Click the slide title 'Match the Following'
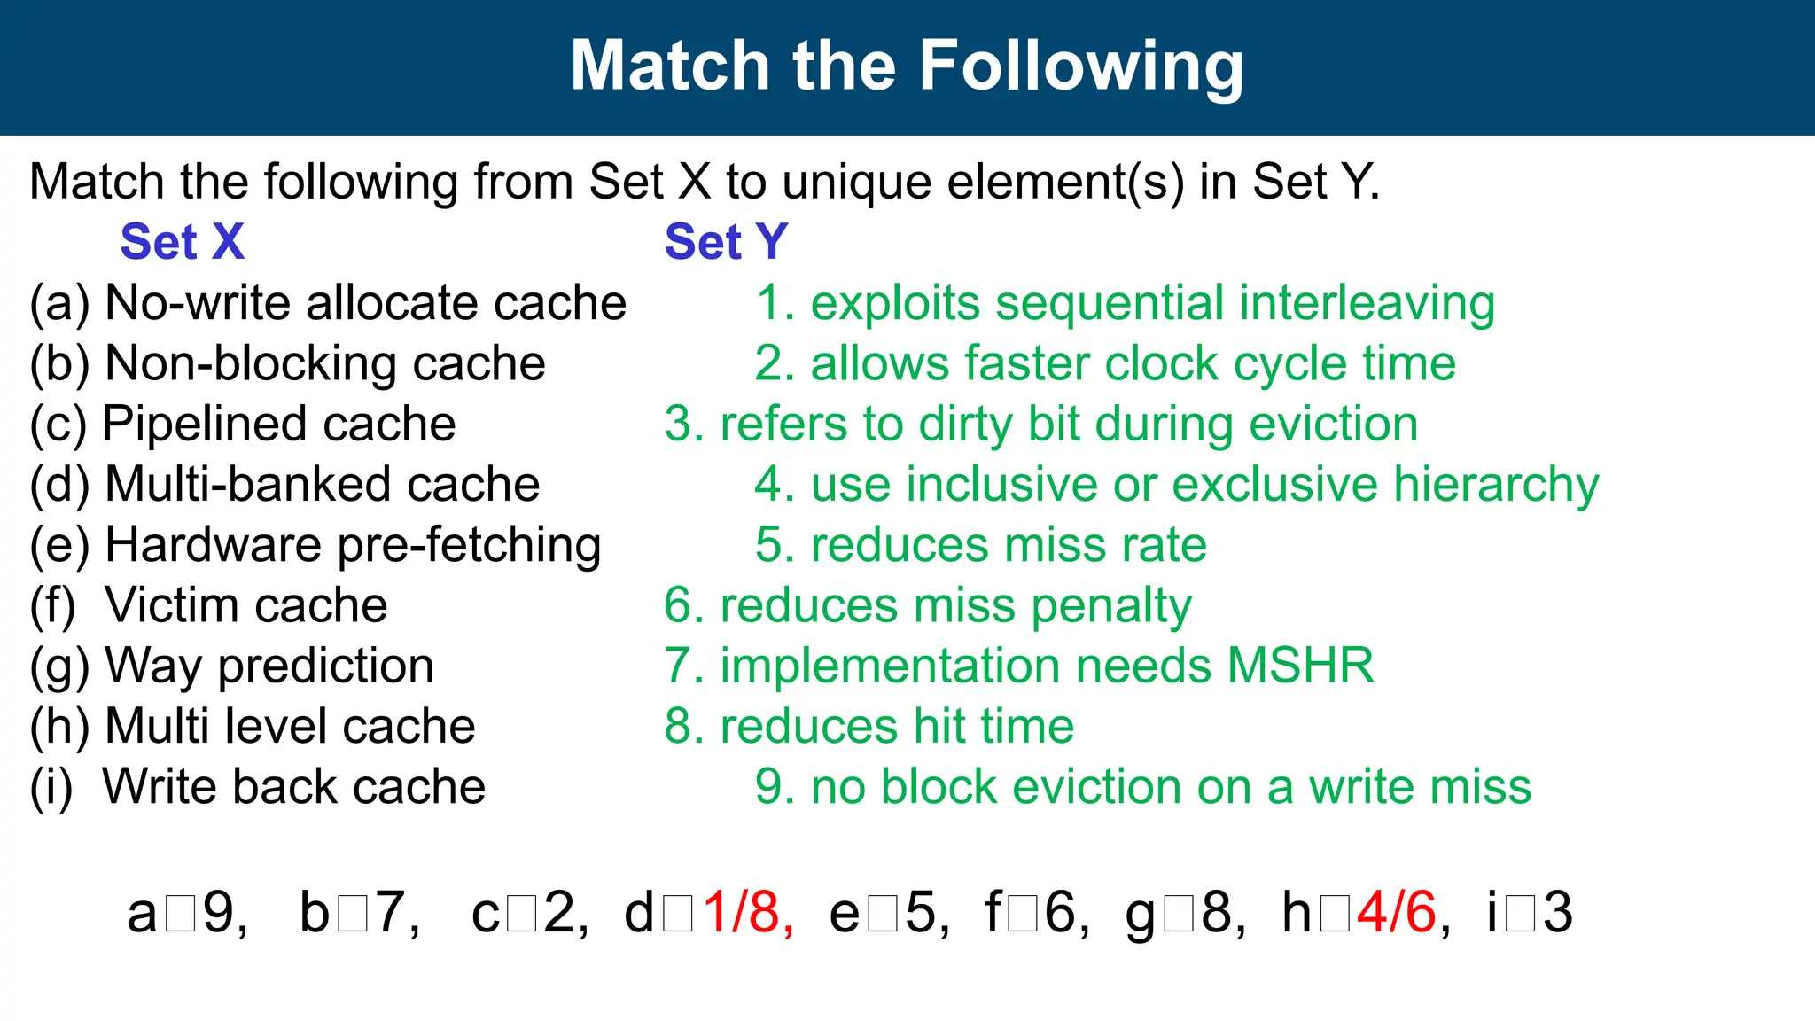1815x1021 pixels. [x=907, y=66]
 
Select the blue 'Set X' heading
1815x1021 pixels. [x=182, y=242]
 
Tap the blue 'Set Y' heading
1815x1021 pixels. [x=726, y=242]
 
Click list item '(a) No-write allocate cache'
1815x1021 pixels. [x=328, y=303]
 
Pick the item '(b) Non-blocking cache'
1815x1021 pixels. [x=287, y=364]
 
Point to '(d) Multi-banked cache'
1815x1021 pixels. [x=284, y=485]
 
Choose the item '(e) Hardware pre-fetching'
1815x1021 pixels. [x=315, y=545]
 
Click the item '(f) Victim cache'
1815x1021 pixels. [x=209, y=605]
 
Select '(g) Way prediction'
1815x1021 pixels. [x=232, y=666]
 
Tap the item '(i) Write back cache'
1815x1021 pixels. [x=257, y=787]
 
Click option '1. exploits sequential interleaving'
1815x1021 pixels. [x=1125, y=303]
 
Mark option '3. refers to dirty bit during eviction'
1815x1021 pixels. [x=1041, y=425]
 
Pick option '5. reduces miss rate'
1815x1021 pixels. [x=980, y=545]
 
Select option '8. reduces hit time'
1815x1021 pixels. [x=869, y=727]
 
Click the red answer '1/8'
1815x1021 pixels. [x=742, y=912]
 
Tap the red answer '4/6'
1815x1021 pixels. [x=1396, y=912]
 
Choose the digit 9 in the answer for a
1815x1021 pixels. [x=218, y=912]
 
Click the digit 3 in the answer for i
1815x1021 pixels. [x=1557, y=912]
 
